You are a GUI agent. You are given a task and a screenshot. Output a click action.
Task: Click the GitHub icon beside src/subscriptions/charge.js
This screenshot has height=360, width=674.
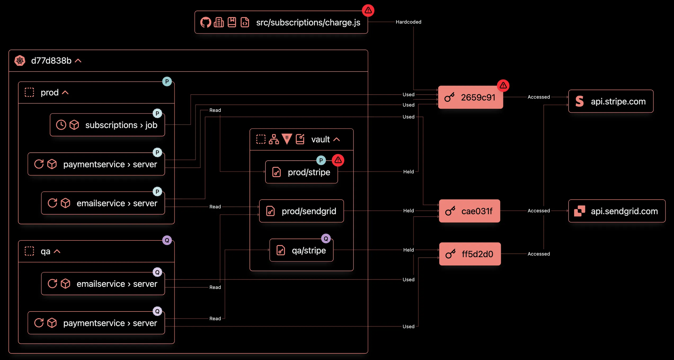click(206, 23)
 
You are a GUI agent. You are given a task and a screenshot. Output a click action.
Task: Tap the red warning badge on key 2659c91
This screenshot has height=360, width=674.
click(503, 86)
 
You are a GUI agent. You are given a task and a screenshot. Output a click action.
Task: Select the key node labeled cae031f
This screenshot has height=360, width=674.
click(469, 211)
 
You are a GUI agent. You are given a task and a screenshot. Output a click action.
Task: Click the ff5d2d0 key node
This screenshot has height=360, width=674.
click(470, 254)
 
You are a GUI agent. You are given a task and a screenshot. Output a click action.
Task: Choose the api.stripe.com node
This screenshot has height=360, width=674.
click(611, 101)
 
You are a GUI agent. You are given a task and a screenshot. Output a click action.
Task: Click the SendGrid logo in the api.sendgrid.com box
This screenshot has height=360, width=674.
click(579, 211)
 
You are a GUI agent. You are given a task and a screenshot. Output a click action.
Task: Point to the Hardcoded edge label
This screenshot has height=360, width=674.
click(408, 22)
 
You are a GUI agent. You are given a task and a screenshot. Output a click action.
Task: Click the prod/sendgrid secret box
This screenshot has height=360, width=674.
click(301, 211)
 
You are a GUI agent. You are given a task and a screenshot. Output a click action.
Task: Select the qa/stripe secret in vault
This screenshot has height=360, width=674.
click(301, 250)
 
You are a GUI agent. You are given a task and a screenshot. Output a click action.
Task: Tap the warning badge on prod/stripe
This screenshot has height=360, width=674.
click(338, 160)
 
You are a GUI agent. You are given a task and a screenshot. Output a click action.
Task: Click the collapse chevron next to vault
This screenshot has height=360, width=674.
click(336, 139)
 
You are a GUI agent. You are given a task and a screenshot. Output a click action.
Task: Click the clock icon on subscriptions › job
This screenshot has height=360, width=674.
click(61, 125)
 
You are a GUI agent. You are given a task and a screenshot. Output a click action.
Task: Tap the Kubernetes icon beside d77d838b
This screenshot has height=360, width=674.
click(20, 61)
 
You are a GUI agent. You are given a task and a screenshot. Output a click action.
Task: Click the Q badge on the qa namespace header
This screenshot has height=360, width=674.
click(167, 240)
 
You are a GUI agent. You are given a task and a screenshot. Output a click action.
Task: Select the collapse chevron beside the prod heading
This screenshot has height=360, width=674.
click(65, 93)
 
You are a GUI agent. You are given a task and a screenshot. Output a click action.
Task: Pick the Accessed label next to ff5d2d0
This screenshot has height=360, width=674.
click(539, 254)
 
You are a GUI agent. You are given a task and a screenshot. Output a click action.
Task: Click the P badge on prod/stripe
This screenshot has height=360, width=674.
click(321, 160)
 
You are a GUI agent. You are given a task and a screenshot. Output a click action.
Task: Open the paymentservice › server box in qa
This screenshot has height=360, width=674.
click(96, 323)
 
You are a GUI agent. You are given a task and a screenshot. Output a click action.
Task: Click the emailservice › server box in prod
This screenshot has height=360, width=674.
click(103, 203)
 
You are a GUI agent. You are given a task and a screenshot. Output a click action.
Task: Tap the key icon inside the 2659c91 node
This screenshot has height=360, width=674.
click(449, 97)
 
